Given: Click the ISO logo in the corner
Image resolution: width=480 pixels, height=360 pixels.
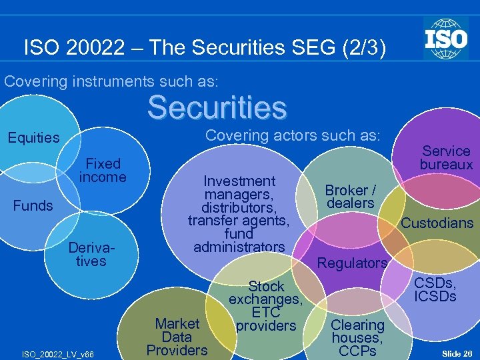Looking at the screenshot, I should [446, 38].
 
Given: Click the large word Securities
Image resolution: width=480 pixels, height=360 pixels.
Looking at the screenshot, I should [217, 107].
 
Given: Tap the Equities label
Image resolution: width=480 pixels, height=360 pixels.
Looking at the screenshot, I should [33, 138].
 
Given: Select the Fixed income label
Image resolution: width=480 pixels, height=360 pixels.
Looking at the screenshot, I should [103, 170].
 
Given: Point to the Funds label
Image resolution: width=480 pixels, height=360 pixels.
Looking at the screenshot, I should [33, 205].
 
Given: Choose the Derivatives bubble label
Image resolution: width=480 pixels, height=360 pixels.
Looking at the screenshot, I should [91, 254].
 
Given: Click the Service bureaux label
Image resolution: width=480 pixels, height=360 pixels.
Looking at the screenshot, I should [446, 157].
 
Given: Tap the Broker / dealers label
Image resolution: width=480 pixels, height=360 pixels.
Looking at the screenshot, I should [351, 196].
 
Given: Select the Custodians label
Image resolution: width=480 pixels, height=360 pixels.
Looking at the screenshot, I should [437, 223].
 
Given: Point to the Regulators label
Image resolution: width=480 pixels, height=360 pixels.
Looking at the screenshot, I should [352, 263].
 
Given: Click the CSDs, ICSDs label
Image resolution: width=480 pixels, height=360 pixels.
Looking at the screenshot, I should [435, 288].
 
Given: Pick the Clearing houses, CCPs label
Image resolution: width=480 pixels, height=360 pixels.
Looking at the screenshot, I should [357, 337].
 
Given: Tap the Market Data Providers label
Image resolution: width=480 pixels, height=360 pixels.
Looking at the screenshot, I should [177, 337].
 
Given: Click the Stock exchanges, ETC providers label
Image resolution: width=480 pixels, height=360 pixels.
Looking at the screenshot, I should [266, 306].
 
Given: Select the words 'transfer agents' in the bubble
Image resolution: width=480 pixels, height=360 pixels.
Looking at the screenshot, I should [239, 221].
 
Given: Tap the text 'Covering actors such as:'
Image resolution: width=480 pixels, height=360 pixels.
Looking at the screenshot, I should [293, 135].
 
